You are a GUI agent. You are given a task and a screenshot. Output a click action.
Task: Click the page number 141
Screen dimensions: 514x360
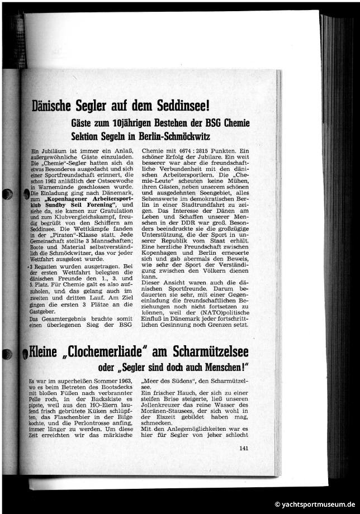click(243, 448)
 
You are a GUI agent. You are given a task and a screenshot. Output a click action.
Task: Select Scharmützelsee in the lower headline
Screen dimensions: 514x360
click(215, 353)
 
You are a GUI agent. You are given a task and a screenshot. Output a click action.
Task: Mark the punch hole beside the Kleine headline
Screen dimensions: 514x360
click(8, 353)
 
